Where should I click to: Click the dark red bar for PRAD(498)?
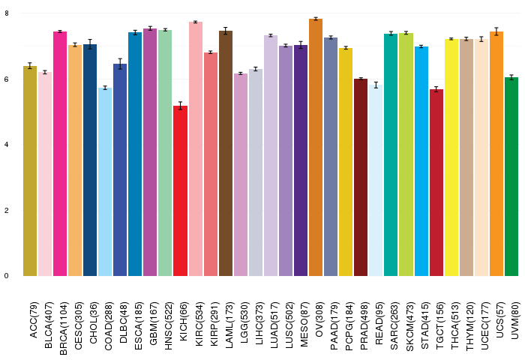click(x=361, y=178)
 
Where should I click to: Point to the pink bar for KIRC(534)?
click(x=195, y=149)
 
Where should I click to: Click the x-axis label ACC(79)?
click(x=34, y=319)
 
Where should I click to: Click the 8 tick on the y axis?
click(x=7, y=13)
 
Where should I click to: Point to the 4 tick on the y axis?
click(x=7, y=145)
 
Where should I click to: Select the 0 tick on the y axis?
click(x=7, y=276)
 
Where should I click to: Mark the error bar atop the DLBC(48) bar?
click(x=120, y=64)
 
